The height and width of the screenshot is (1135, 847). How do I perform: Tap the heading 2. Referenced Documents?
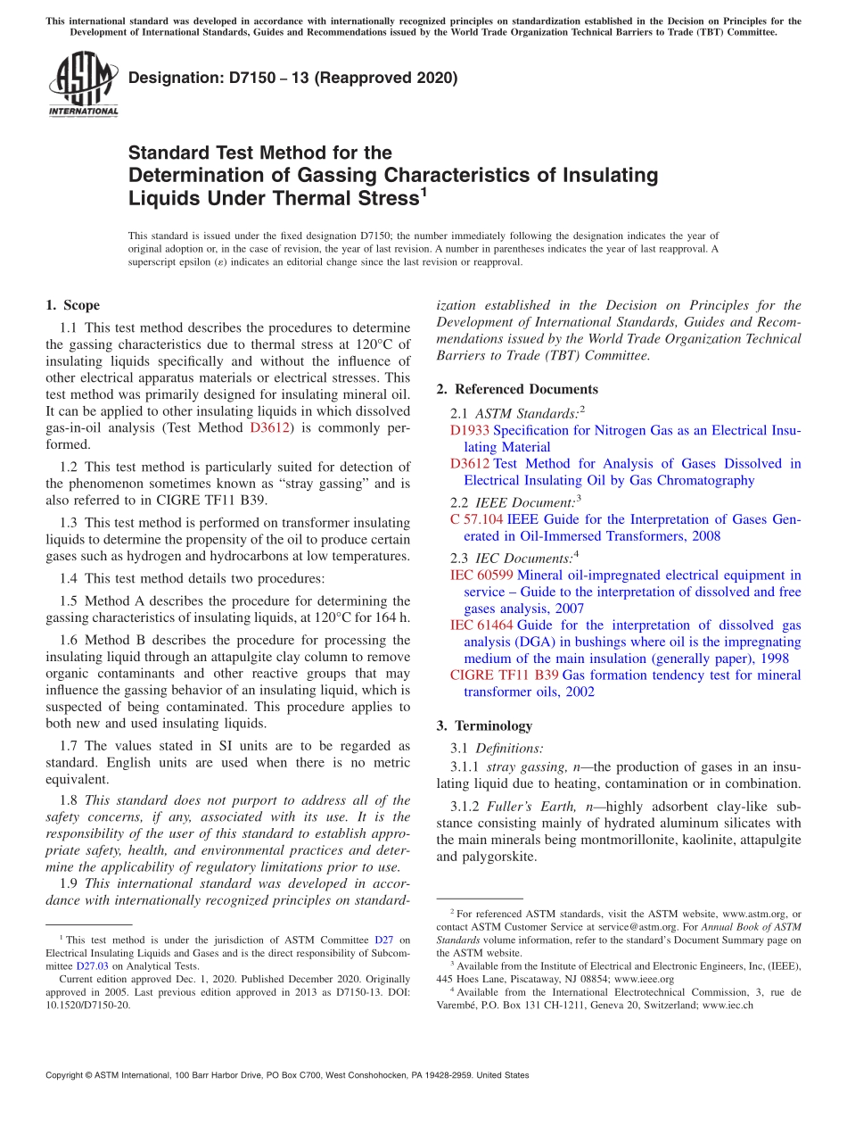click(517, 389)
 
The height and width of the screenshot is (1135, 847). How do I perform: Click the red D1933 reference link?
click(470, 430)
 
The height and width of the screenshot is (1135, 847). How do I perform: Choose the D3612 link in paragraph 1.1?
click(269, 427)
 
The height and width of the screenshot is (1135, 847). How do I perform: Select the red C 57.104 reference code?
click(477, 519)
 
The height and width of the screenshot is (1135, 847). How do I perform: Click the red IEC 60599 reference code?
click(482, 576)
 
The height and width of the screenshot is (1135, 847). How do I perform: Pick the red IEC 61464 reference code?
click(482, 625)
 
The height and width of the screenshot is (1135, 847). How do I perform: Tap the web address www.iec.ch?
click(728, 1005)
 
